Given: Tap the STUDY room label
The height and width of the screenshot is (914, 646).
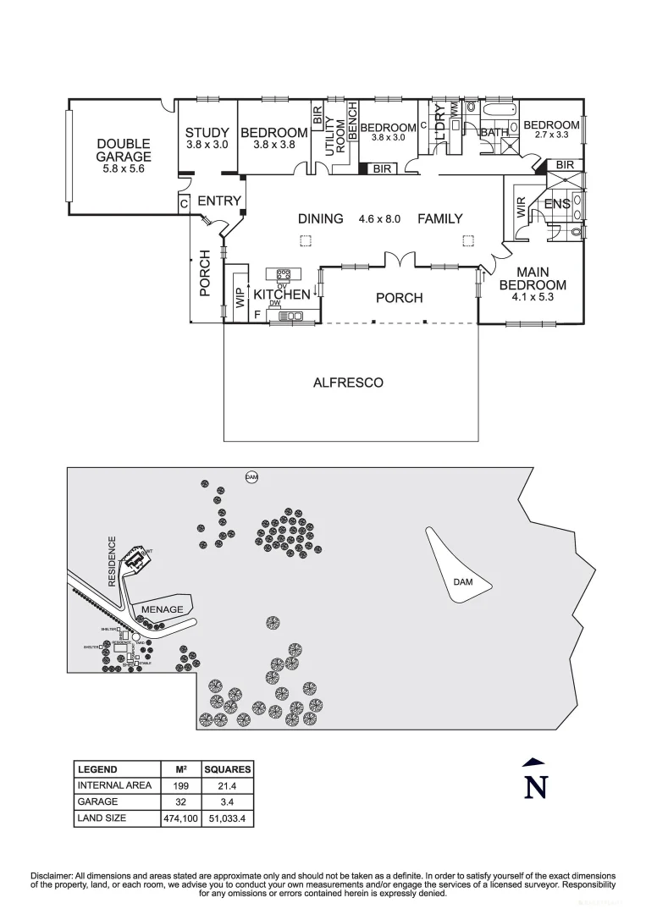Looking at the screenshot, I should [207, 133].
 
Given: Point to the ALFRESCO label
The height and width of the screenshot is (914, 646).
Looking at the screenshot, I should [348, 383].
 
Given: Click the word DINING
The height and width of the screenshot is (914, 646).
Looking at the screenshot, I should [320, 219].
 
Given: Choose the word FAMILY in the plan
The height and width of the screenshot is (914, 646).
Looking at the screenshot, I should [440, 219].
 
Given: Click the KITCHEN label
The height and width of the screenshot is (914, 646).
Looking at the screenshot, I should [282, 295].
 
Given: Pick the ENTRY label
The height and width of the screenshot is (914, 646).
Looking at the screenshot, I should [219, 201].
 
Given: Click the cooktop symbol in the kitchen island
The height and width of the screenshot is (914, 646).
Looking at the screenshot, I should [283, 274].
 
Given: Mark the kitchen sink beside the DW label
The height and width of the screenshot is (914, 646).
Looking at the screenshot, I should [291, 316].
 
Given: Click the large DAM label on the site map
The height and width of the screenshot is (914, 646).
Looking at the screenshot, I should [462, 582].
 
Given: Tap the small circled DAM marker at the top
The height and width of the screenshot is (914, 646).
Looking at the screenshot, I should [251, 477].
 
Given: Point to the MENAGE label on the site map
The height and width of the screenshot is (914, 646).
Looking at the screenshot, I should [161, 608].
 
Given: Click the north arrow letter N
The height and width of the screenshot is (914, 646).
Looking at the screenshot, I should [534, 787].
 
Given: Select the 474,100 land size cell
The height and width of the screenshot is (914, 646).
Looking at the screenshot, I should [180, 818].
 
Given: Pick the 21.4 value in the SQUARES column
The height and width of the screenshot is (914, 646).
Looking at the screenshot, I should [228, 785].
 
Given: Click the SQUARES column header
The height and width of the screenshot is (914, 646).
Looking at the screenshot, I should [228, 769].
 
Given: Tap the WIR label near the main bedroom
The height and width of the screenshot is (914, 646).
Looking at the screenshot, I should [522, 208].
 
